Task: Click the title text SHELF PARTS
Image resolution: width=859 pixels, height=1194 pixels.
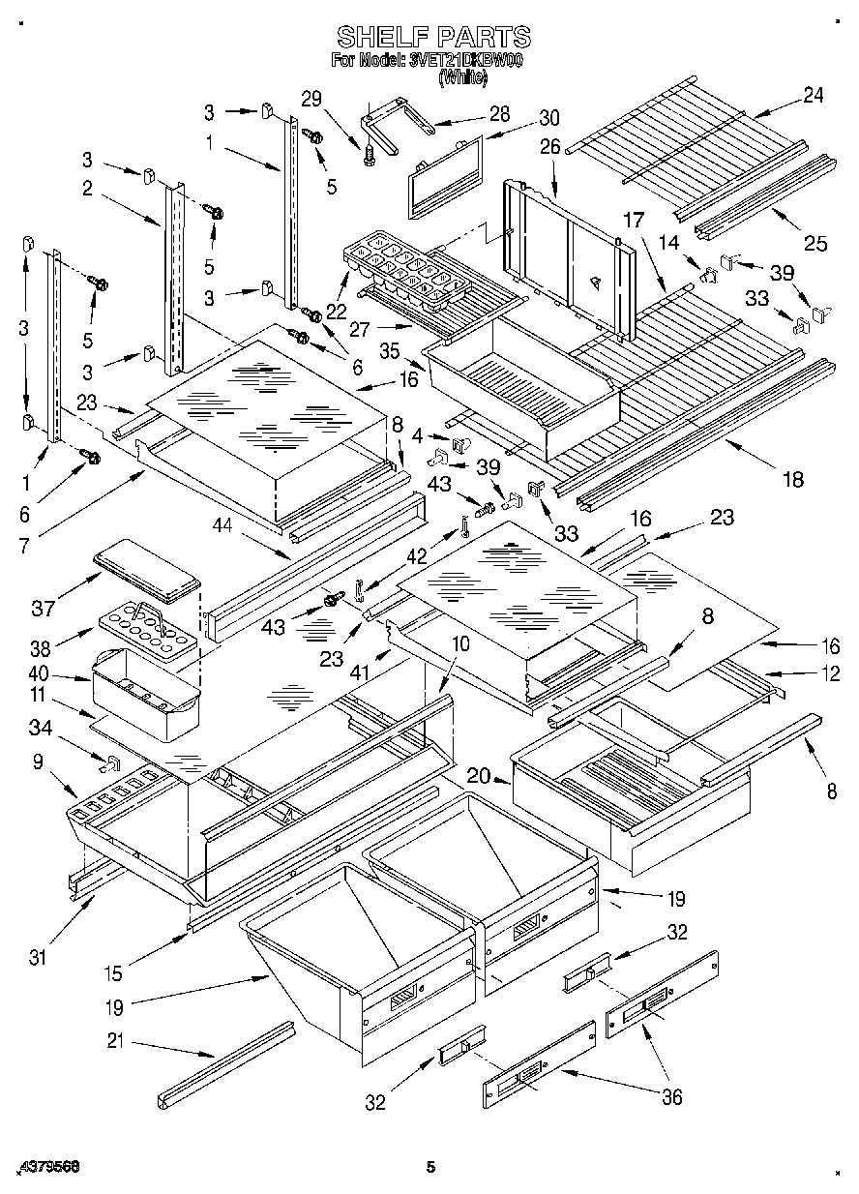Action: click(x=433, y=37)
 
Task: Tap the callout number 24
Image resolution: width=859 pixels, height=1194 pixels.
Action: click(x=814, y=95)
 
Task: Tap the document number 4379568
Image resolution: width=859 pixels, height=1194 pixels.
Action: click(x=47, y=1167)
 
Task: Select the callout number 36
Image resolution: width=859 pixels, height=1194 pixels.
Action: click(x=670, y=1096)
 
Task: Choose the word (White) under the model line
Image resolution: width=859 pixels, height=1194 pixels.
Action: click(x=462, y=75)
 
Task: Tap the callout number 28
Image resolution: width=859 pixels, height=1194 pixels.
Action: click(x=499, y=113)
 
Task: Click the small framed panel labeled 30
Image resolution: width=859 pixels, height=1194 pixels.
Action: click(x=445, y=177)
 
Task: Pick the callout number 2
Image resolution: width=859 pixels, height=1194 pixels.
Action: click(x=87, y=189)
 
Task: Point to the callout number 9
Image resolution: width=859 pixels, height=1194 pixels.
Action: click(x=38, y=761)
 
